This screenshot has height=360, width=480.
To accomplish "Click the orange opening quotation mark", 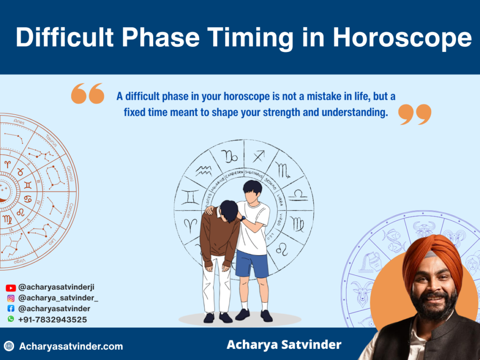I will coord(87,93).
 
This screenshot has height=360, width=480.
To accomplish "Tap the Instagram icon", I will coord(11,298).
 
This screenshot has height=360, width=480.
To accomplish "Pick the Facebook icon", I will coord(11,309).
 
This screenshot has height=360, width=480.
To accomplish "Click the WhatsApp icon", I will coord(11,319).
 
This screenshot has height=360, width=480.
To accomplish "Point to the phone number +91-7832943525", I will coord(52,320).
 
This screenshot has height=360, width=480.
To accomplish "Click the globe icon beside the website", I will coord(9,346).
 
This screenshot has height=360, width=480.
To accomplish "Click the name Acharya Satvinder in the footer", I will coord(284,345).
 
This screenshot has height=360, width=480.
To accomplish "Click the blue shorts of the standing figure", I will coord(252,262).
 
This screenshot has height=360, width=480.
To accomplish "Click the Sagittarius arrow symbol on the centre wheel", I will coord(259,156).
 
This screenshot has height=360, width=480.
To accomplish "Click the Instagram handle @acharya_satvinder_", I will coord(58,298).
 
